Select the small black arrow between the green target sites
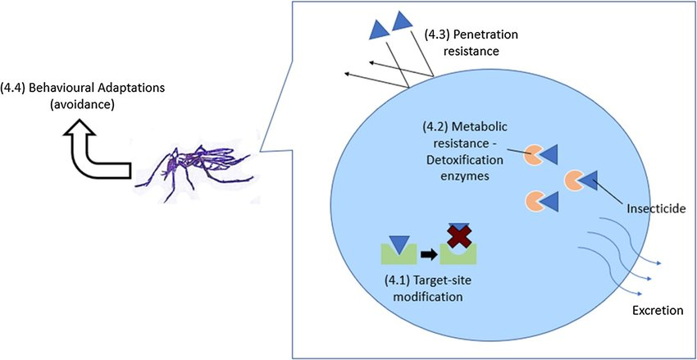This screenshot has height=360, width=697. tap(428, 253)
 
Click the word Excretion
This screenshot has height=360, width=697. tap(657, 311)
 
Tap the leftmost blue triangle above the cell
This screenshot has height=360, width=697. tap(379, 29)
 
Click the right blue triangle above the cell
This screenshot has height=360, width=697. tap(402, 20)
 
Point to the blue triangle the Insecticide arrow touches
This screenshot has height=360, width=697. tap(587, 179)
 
